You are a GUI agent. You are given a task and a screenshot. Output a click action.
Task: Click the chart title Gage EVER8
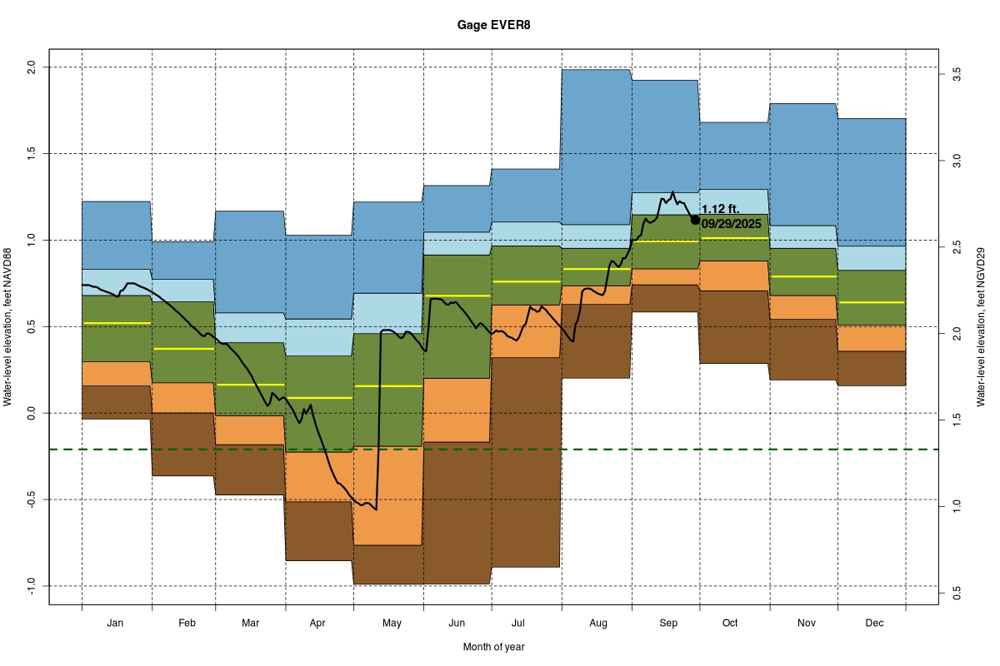pyautogui.click(x=493, y=25)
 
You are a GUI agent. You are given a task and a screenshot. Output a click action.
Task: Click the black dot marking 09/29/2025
pyautogui.click(x=695, y=220)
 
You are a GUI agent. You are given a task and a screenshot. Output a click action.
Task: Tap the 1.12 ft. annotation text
pyautogui.click(x=720, y=210)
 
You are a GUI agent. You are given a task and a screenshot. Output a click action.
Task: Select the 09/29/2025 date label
pyautogui.click(x=731, y=223)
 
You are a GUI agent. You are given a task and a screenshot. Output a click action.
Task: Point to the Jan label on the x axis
pyautogui.click(x=116, y=623)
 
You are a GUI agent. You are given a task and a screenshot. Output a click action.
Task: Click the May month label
pyautogui.click(x=391, y=623)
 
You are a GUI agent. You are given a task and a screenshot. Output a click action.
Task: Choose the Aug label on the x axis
pyautogui.click(x=597, y=623)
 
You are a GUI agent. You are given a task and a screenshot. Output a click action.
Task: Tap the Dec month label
pyautogui.click(x=873, y=623)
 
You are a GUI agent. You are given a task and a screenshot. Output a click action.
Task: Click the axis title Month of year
pyautogui.click(x=493, y=647)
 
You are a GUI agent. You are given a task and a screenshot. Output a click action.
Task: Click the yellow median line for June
pyautogui.click(x=457, y=296)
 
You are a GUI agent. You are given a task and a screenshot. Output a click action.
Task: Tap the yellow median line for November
pyautogui.click(x=802, y=276)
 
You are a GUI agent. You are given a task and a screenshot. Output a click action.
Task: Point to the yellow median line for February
pyautogui.click(x=183, y=349)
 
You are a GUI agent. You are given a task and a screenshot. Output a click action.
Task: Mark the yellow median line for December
pyautogui.click(x=872, y=302)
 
